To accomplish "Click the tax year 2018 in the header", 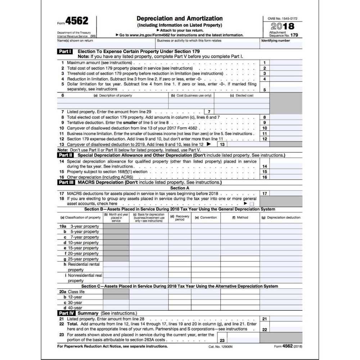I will coord(282,26).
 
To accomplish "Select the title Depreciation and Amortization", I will coord(179,18).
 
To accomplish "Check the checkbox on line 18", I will coord(252,204).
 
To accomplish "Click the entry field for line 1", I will coord(286,63).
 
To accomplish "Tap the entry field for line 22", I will coord(286,329).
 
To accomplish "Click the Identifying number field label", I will coord(276,41).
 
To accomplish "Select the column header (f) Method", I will coord(240,217).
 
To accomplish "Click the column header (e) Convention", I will coord(206,217).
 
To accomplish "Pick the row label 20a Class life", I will coord(73,292).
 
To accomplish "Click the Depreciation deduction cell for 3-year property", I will coord(281,226).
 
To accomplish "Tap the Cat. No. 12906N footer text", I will coord(221,347).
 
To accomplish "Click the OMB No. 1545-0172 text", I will coord(283,18).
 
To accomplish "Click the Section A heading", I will coord(180,188).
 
